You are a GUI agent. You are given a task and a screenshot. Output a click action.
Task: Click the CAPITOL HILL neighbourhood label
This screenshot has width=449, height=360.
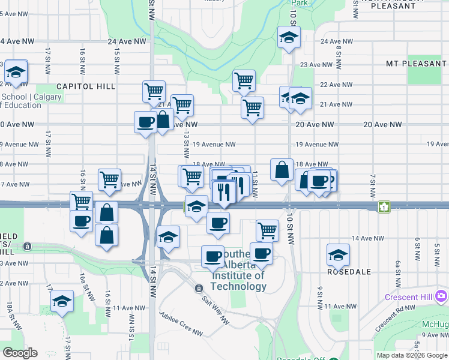(x=86, y=86)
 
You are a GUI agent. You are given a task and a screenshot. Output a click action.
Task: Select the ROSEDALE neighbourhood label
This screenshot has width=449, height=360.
(x=349, y=272)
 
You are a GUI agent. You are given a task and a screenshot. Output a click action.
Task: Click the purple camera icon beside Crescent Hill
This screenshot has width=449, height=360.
(x=442, y=296)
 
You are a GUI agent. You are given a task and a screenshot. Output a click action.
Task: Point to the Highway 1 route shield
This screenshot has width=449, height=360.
(x=384, y=206)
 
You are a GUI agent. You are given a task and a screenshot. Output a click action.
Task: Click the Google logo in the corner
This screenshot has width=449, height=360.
(x=20, y=353)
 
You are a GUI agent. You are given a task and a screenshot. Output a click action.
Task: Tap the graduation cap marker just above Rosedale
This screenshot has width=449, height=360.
(x=338, y=254)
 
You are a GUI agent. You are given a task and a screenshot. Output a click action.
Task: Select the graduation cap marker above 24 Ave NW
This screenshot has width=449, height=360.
(x=289, y=38)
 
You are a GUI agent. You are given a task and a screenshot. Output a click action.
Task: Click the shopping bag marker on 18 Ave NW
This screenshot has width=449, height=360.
(x=282, y=170)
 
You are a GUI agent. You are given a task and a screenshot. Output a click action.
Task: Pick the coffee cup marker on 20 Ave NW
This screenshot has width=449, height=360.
(x=145, y=122)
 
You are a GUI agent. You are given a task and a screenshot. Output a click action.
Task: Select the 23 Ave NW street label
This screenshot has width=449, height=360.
(x=316, y=65)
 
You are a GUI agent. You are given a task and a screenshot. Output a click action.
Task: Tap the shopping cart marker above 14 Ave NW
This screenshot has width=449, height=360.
(x=267, y=230)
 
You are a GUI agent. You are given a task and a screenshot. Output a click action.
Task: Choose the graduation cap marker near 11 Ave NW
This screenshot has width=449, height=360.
(x=62, y=302)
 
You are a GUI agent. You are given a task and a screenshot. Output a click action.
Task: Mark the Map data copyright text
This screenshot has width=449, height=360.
(x=412, y=355)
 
